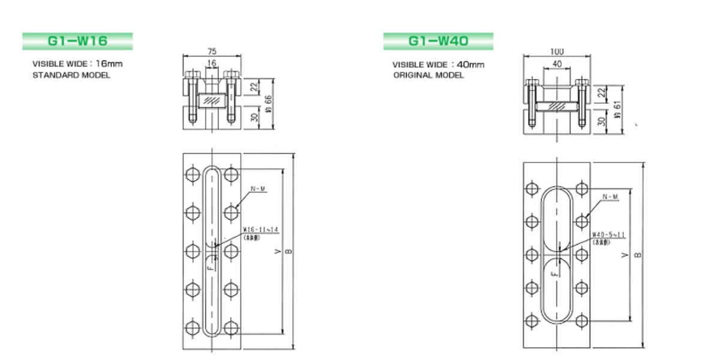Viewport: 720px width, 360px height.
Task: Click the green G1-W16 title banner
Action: pos(77,41)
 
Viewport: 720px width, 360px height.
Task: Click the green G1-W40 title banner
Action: pos(438,41)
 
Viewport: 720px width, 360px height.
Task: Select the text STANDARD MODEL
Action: pos(71,76)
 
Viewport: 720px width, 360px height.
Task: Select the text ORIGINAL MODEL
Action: pos(428,76)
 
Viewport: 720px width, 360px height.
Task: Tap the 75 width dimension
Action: pos(212,52)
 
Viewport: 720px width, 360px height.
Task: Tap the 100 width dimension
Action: pos(556,52)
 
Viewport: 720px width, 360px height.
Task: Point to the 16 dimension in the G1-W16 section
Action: pos(211,62)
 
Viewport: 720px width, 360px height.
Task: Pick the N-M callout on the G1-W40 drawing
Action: pos(609,197)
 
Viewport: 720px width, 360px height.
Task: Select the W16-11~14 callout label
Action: pos(261,230)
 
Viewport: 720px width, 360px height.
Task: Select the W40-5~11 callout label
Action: pos(610,235)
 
